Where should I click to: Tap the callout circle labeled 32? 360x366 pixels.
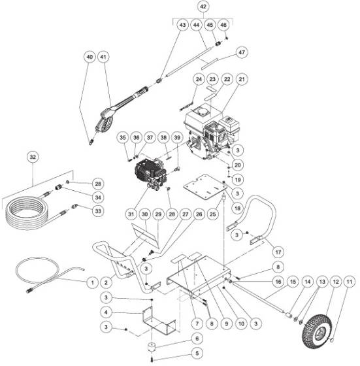33,156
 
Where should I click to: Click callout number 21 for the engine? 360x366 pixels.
242,80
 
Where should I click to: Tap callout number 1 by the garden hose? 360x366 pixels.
91,282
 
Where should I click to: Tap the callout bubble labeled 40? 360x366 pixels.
90,58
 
